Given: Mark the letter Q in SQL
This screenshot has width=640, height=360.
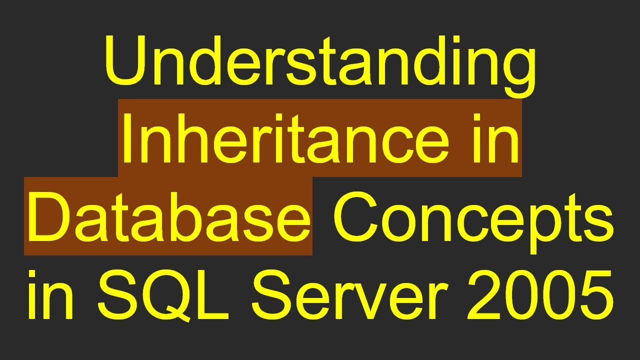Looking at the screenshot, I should (167, 295).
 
